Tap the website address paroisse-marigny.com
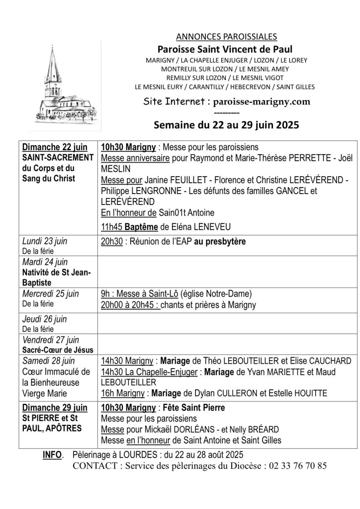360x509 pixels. coord(262,101)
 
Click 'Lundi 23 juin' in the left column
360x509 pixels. coord(45,241)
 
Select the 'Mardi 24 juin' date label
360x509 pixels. coord(45,262)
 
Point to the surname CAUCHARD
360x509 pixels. coord(327,361)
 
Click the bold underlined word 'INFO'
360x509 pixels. coord(53,455)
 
